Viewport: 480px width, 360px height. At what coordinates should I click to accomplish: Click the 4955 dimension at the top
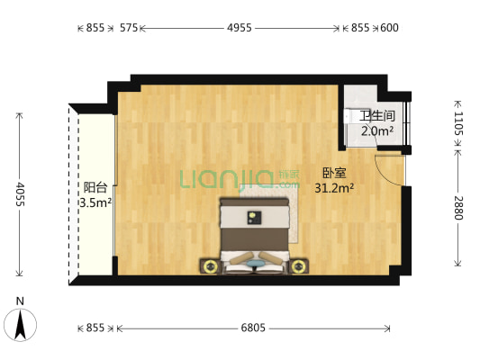coord(240,28)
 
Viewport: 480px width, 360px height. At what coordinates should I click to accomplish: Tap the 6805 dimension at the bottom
coord(253,328)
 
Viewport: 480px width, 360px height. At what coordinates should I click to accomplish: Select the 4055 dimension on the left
coord(20,194)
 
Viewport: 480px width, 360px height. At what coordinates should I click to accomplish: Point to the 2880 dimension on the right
coord(458,208)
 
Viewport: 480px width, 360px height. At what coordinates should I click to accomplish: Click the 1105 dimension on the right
coord(458,123)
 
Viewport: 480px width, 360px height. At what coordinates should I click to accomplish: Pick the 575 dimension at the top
coord(129,28)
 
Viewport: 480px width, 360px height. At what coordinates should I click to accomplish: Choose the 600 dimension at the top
coord(389,28)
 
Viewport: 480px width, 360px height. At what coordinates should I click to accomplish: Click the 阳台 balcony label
coord(95,187)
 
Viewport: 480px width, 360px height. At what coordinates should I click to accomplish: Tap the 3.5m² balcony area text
coord(95,202)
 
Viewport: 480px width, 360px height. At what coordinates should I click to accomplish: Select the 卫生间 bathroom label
coord(377,116)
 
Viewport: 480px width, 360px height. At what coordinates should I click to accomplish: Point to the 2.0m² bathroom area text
coord(377,130)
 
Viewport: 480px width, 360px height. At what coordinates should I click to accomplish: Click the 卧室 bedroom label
coord(334,173)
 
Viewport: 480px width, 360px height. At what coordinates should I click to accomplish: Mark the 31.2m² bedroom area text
coord(334,188)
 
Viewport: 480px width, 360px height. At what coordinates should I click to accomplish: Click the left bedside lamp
coord(210,266)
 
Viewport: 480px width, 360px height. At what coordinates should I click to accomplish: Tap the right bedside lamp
coord(298,266)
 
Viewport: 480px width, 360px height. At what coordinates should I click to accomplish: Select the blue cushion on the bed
coord(255,264)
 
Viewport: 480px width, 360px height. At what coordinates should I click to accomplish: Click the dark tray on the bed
coord(254,218)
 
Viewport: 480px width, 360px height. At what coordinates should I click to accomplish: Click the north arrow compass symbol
coord(20,325)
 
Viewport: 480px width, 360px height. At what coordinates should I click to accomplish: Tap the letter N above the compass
coord(20,301)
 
